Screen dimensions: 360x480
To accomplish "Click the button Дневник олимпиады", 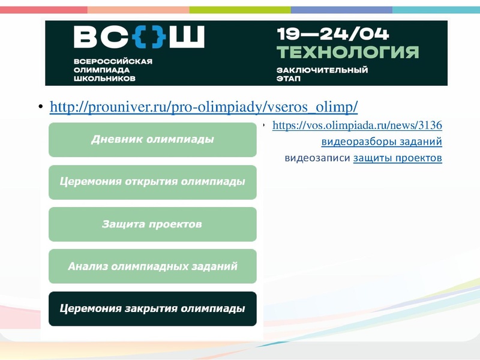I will coord(152,140).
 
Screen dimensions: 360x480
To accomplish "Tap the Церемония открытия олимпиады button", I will coord(152,182).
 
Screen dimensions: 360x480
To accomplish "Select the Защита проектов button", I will coord(152,224).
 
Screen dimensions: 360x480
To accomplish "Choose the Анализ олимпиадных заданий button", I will coord(152,266).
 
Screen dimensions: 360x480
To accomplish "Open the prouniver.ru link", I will coord(204,107).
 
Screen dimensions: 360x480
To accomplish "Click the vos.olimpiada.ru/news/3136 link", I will coord(357,125).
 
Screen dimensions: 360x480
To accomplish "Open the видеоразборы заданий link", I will coord(382,142).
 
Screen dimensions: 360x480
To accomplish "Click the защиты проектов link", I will coord(397,158).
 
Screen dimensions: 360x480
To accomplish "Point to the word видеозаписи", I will coord(317,158).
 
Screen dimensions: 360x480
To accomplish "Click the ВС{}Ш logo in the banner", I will coord(139,38).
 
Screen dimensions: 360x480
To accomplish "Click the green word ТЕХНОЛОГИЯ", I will coord(347,52).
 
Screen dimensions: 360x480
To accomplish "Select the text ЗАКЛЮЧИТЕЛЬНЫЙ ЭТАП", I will coord(322,74).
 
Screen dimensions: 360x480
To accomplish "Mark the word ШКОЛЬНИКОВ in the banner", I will coord(104,79).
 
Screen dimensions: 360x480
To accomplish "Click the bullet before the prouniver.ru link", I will coord(41,108).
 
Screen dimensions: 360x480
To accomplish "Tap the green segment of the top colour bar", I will coord(240,10).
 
